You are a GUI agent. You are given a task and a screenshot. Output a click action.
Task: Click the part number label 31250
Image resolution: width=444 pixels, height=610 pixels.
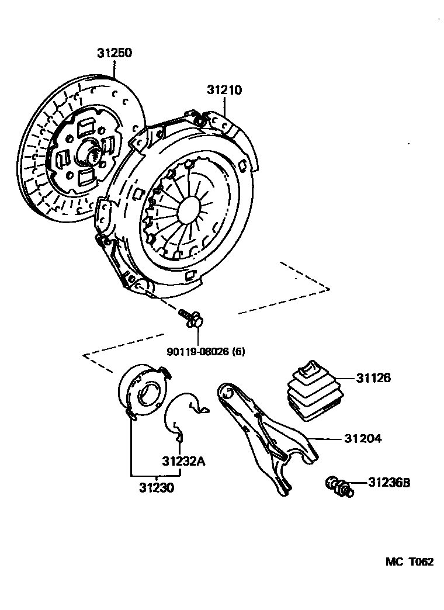pos(115,53)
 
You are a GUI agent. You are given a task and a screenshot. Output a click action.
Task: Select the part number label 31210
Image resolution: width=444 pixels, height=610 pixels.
pos(224,90)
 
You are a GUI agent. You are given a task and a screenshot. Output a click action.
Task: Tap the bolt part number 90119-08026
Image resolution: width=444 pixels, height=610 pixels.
pos(197,352)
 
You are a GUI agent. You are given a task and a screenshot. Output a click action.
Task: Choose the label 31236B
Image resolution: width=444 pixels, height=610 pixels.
pos(389,483)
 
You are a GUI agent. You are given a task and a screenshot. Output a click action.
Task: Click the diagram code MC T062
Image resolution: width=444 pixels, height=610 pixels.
pos(409,562)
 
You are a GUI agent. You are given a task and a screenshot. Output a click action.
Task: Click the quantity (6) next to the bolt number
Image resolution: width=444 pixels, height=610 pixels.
pos(238,352)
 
